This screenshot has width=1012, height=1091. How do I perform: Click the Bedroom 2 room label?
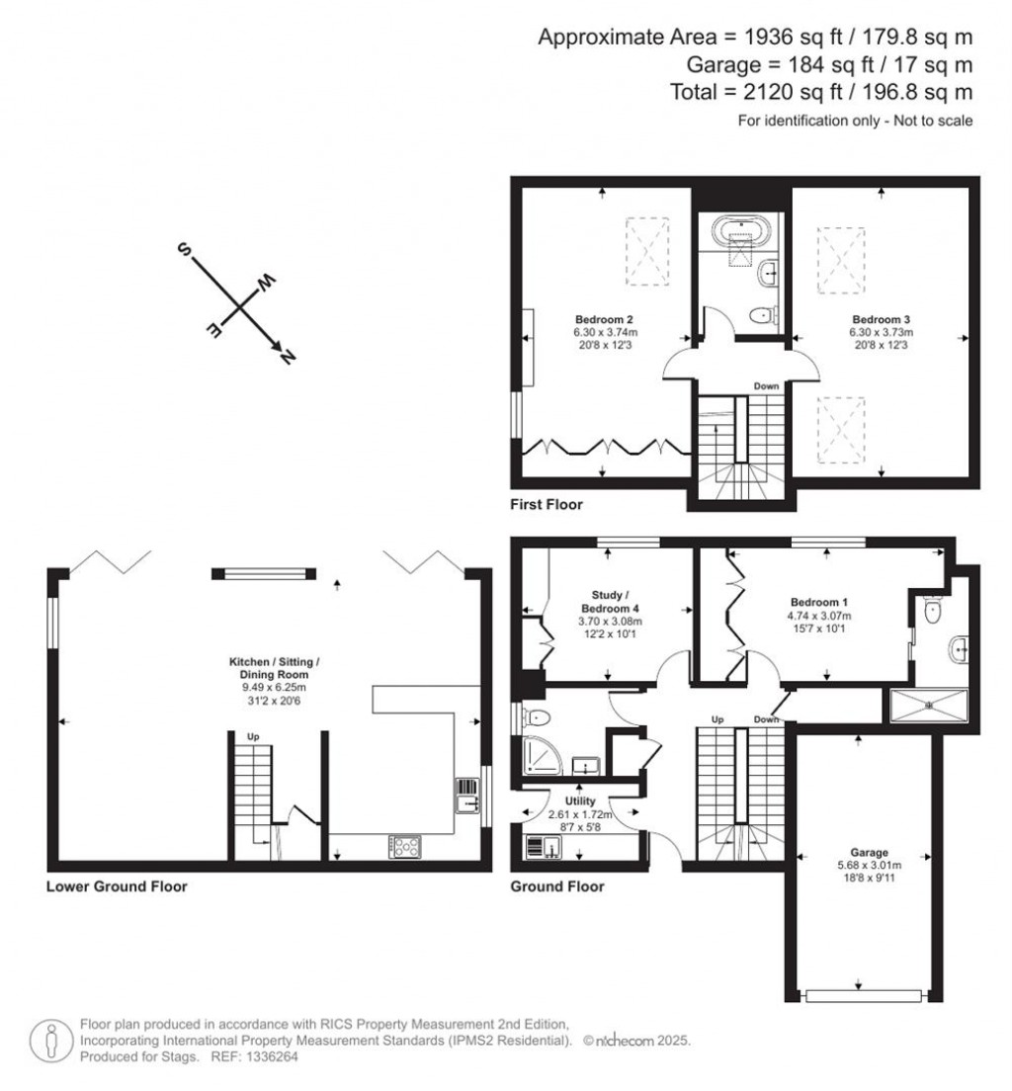click(603, 319)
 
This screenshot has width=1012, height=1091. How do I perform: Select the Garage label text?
click(869, 852)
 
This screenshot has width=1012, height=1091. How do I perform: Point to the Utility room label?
click(580, 800)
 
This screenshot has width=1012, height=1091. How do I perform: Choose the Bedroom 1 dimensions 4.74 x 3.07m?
click(819, 615)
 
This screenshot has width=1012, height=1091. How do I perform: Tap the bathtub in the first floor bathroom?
click(740, 231)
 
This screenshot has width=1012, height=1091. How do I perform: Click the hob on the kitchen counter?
click(406, 846)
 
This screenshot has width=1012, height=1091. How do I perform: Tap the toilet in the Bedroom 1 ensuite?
click(929, 612)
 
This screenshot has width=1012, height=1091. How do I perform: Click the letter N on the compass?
click(288, 357)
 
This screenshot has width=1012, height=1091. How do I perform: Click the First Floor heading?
click(546, 505)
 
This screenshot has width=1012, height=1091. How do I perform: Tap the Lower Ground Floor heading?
click(117, 886)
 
